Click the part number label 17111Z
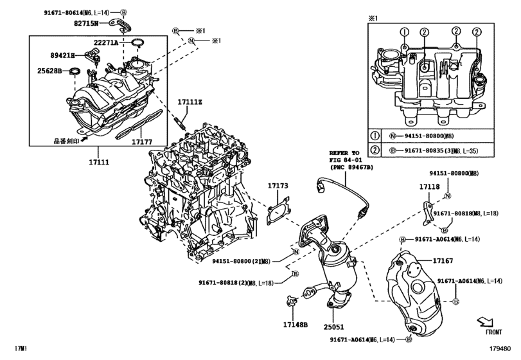pyautogui.click(x=190, y=102)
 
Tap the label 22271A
pyautogui.click(x=105, y=42)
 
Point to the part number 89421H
pyautogui.click(x=64, y=55)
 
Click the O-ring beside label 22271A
pyautogui.click(x=136, y=44)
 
